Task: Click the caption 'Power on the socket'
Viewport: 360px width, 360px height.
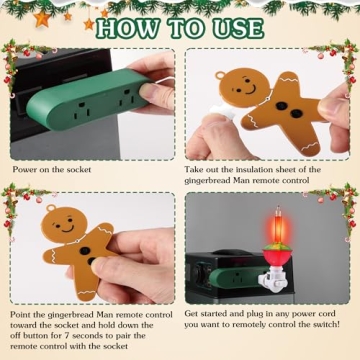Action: [x=52, y=169]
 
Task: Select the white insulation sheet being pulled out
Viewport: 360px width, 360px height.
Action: [x=226, y=145]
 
